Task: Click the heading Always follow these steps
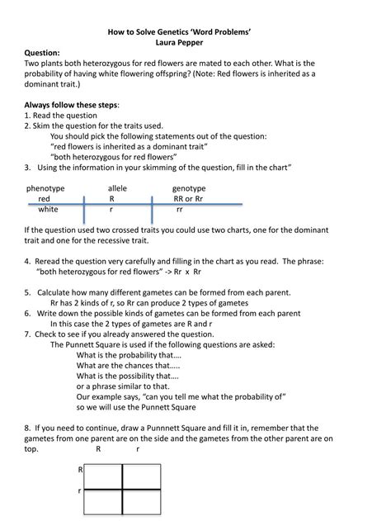click(72, 106)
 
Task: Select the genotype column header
click(189, 188)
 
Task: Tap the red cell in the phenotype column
click(44, 199)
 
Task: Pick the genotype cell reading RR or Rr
click(188, 199)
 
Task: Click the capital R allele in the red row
click(111, 199)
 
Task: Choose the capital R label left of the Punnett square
click(80, 470)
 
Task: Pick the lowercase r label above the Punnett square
click(137, 450)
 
